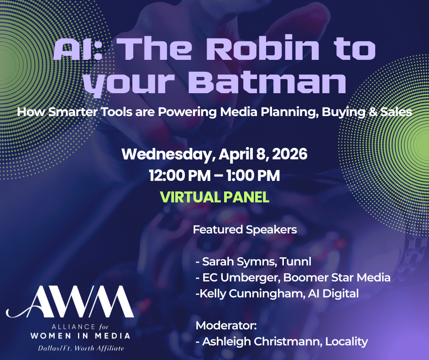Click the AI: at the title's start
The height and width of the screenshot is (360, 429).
78,49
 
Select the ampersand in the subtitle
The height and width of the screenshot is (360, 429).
372,112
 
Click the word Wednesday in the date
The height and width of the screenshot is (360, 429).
167,154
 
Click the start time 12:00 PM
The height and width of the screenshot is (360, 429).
180,175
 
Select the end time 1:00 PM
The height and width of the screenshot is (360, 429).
253,175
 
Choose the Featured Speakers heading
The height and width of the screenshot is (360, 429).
245,230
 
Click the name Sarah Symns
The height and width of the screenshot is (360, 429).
235,262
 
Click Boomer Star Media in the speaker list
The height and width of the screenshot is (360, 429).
337,277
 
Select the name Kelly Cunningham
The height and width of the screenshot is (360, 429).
251,294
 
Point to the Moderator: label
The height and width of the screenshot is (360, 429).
226,325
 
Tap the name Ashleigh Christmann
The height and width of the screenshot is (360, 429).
261,342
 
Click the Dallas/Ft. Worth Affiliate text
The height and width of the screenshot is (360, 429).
81,348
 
